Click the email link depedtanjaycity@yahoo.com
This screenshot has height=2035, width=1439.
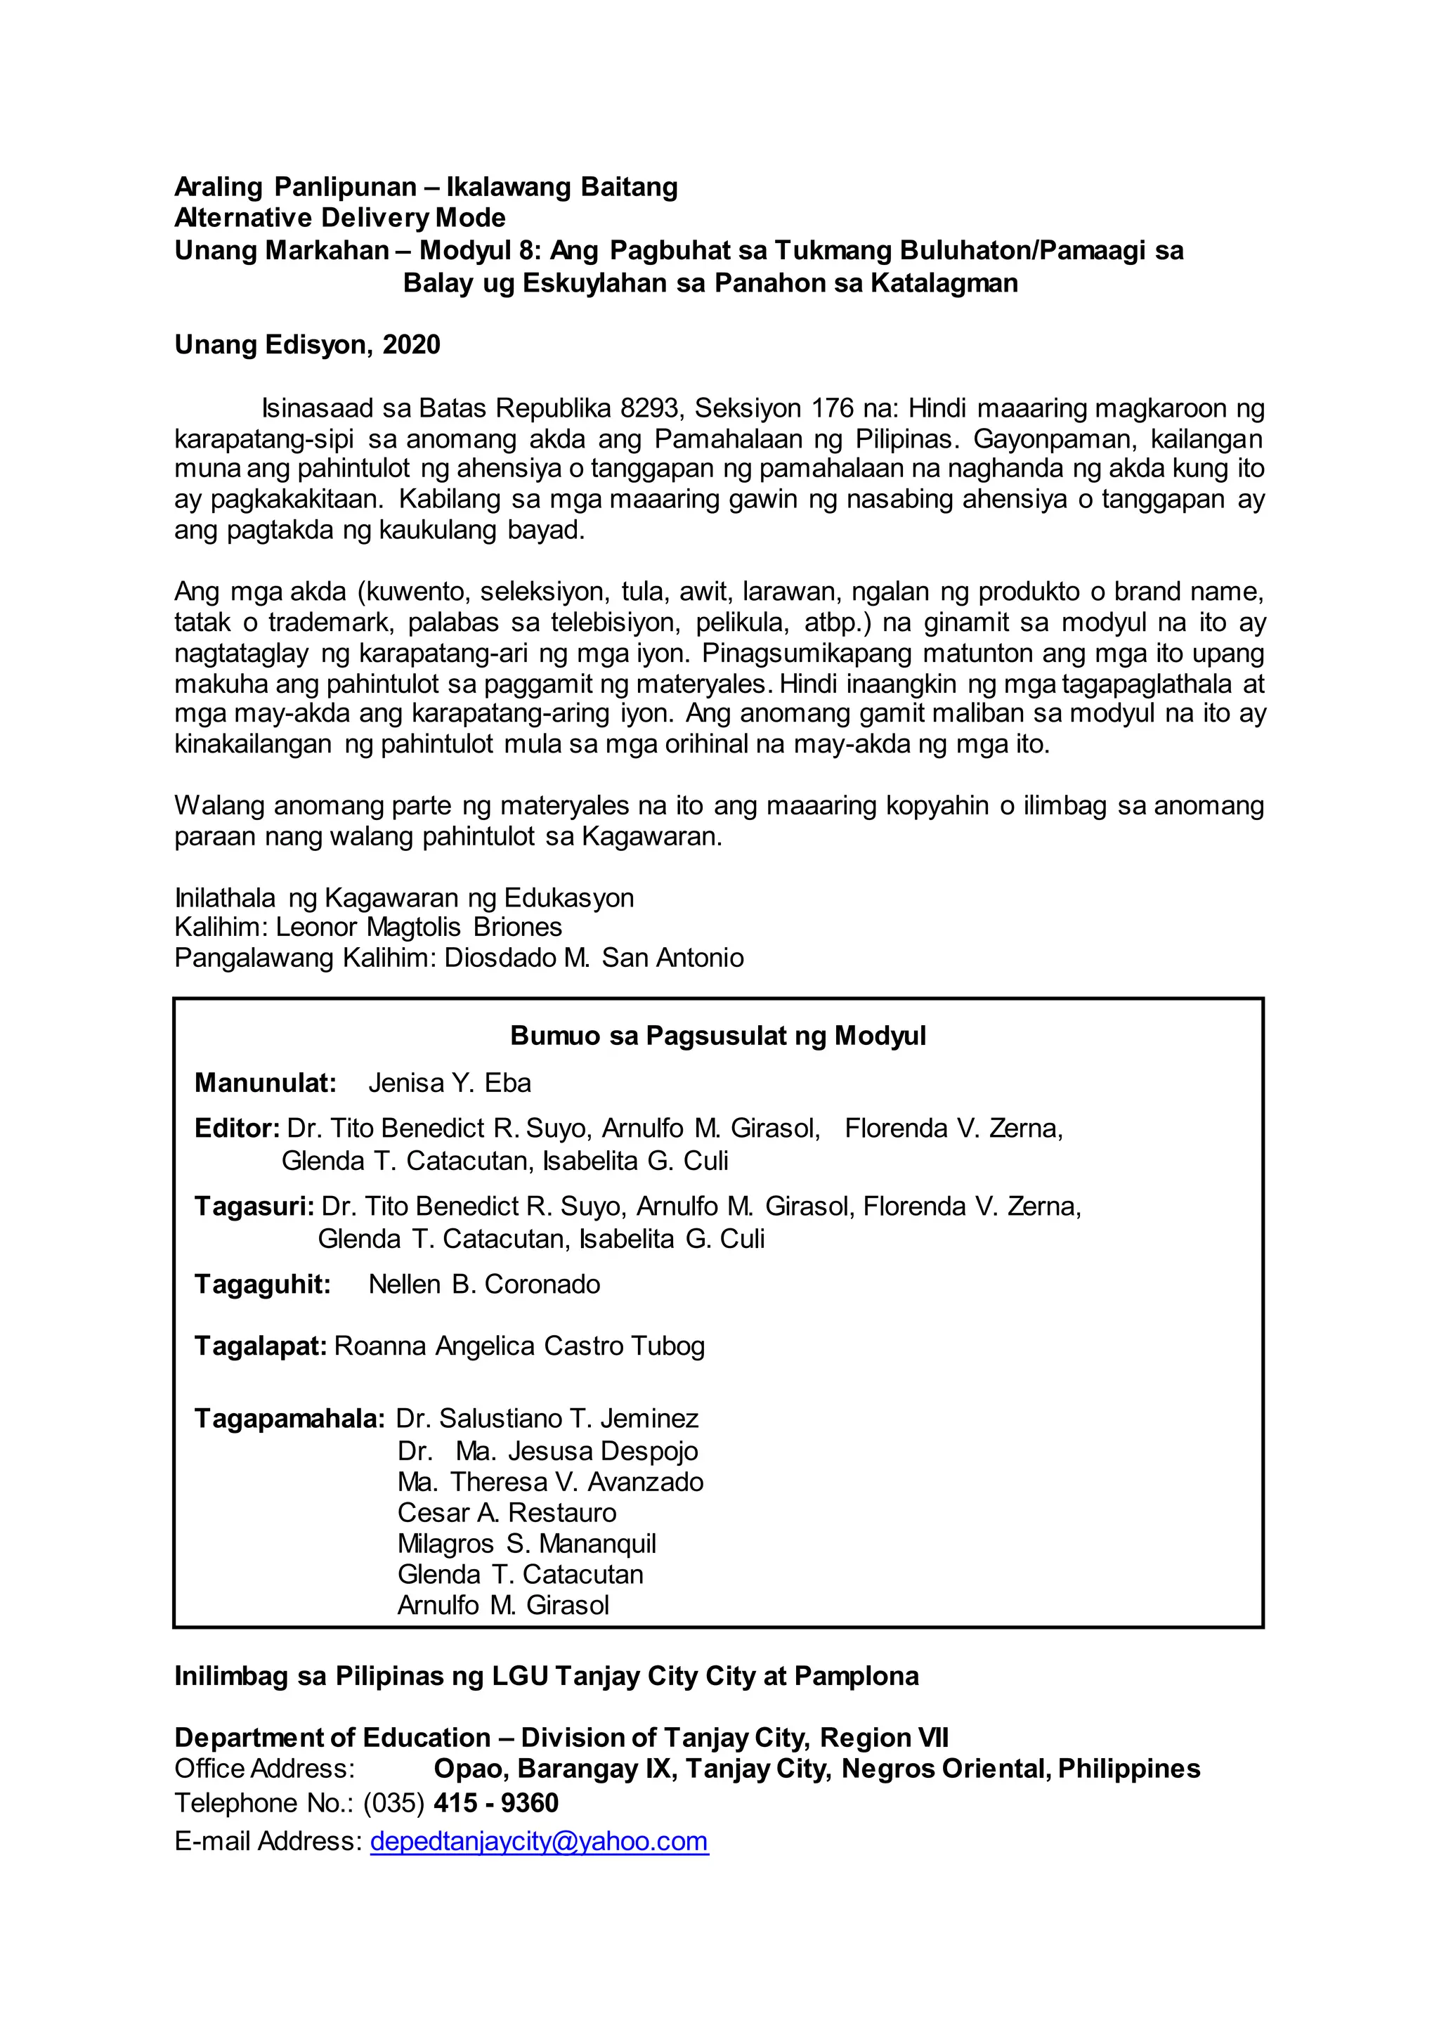539,1841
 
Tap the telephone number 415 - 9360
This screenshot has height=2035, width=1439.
495,1803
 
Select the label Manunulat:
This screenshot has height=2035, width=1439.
265,1083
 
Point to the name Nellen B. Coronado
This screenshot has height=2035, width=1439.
484,1285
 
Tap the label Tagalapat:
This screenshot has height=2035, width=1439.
261,1346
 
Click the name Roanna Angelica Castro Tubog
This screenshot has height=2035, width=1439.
519,1346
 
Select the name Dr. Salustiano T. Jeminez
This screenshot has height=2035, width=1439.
547,1419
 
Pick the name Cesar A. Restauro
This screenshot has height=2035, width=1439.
506,1513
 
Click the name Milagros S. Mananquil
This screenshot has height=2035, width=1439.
526,1544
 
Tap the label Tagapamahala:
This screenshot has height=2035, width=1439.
289,1419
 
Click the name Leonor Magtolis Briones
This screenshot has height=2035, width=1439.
418,927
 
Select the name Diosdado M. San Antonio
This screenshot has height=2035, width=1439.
594,958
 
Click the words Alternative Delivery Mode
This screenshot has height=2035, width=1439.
339,218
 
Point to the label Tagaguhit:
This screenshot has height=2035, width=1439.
262,1285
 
